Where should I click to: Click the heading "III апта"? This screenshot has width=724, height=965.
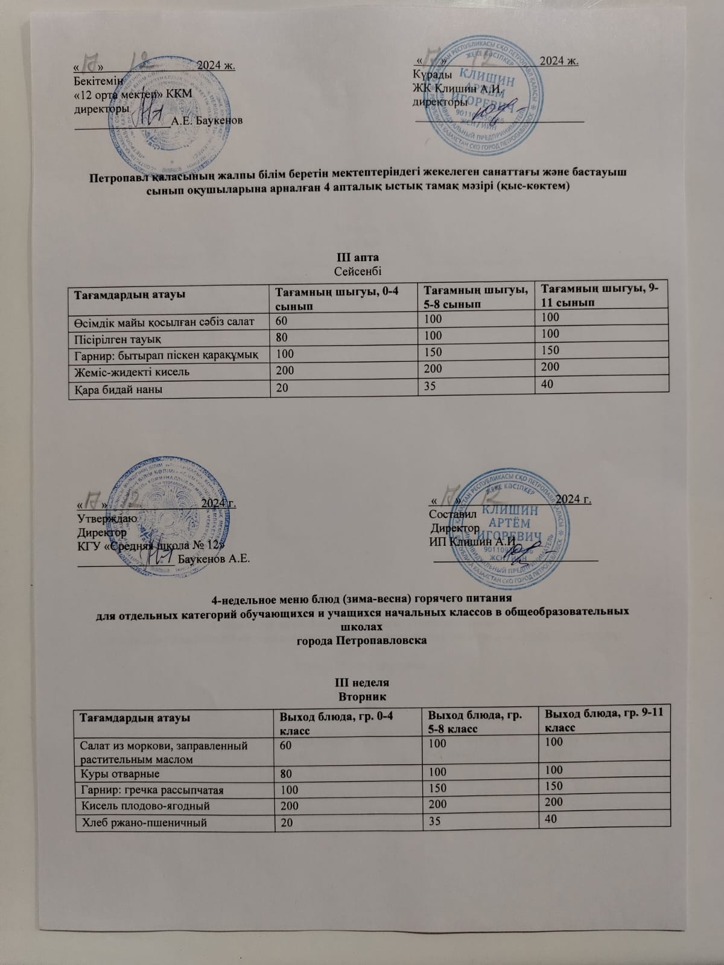point(361,258)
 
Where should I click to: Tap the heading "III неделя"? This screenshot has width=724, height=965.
point(361,683)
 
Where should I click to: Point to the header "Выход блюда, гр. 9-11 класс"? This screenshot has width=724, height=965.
point(604,721)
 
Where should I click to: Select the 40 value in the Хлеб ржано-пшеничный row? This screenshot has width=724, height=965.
point(550,818)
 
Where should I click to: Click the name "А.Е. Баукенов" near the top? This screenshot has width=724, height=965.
point(207,121)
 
